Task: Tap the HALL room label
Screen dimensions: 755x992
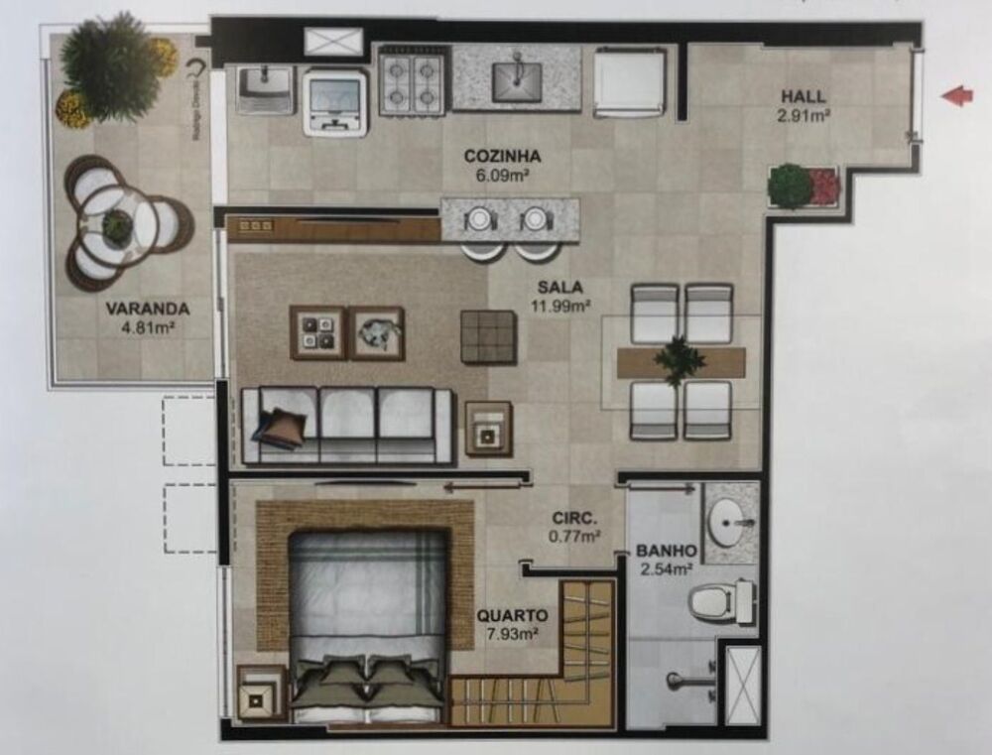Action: [804, 97]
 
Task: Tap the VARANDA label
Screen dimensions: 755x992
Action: [147, 309]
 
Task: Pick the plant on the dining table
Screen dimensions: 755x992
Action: [681, 358]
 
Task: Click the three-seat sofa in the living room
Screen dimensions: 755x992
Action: [347, 424]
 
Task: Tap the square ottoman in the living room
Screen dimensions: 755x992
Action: [488, 336]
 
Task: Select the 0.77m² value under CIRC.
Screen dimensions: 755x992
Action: [575, 537]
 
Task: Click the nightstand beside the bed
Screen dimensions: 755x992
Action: [260, 692]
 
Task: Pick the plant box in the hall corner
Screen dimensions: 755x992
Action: [804, 186]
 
